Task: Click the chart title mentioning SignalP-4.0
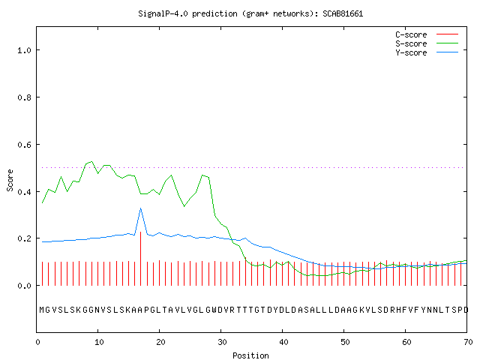coord(250,13)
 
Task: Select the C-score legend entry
coord(427,34)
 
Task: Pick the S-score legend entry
coord(427,43)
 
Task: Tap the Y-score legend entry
coord(427,52)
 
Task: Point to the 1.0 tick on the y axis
coord(25,50)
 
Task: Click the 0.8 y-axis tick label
coord(25,97)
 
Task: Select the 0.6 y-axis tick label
coord(25,145)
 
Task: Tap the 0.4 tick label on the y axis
coord(25,192)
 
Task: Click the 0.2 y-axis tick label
coord(25,238)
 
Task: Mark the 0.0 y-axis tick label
coord(25,286)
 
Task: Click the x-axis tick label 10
coord(99,342)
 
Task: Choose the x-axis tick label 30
coord(222,342)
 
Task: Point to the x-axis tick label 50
coord(345,342)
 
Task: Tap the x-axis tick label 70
coord(468,342)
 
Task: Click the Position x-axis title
coord(250,355)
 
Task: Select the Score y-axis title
coord(10,180)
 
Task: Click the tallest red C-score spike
coord(140,259)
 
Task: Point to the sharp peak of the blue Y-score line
coord(140,208)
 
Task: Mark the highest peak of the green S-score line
coord(91,161)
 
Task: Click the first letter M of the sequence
coord(42,310)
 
